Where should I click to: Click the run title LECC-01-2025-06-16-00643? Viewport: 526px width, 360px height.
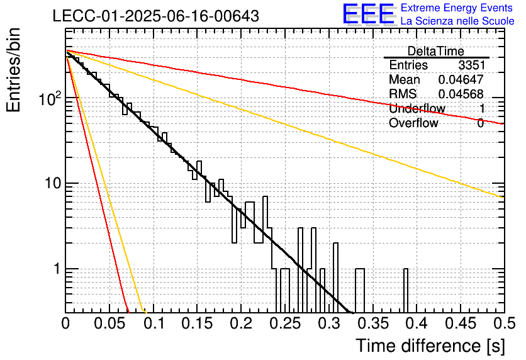coord(156,16)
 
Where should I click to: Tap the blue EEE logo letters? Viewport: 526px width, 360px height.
coord(368,14)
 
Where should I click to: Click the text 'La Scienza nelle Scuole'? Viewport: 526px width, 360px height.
coord(457,21)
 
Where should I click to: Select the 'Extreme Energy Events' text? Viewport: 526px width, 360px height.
coord(457,8)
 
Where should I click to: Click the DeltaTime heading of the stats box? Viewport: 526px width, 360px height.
coord(436,51)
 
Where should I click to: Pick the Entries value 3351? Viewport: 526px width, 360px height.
coord(472,65)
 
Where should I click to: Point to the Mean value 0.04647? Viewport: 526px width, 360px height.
coord(461,79)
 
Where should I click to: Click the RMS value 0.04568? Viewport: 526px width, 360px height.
coord(461,94)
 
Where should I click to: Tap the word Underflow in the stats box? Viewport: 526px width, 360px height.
coord(417,108)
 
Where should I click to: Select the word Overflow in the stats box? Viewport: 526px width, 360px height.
coord(413,123)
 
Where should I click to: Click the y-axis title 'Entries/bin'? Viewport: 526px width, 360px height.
coord(13,70)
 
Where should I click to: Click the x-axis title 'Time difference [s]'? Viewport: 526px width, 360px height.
coord(430,346)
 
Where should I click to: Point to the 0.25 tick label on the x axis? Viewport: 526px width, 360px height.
coord(285,323)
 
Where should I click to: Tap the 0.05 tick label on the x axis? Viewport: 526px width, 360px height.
coord(109,323)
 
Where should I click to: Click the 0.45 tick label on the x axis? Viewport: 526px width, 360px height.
coord(461,323)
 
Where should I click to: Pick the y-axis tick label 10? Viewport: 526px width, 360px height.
coord(53,184)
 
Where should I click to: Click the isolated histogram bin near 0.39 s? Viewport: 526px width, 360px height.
coord(406,291)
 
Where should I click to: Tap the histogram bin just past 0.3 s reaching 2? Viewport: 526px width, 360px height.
coord(335,278)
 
